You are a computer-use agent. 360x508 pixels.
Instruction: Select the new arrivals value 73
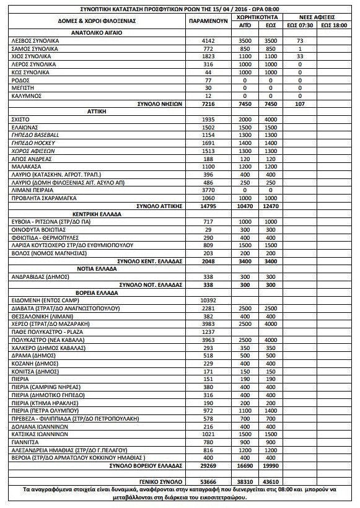[x=300, y=40]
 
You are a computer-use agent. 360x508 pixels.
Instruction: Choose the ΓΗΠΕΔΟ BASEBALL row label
[x=36, y=134]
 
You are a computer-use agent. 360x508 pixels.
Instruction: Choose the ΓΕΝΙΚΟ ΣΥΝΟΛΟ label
[x=162, y=481]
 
